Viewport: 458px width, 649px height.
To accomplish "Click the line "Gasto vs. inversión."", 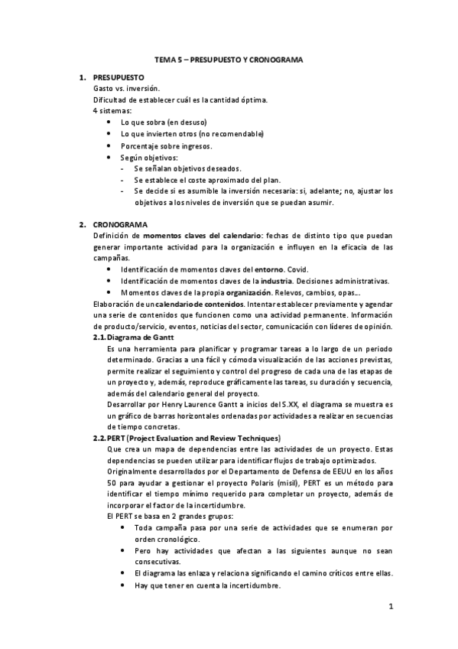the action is pos(127,90).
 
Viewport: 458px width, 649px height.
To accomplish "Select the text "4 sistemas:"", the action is pos(112,112).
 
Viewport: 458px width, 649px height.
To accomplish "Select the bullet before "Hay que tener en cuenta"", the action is pos(125,585).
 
